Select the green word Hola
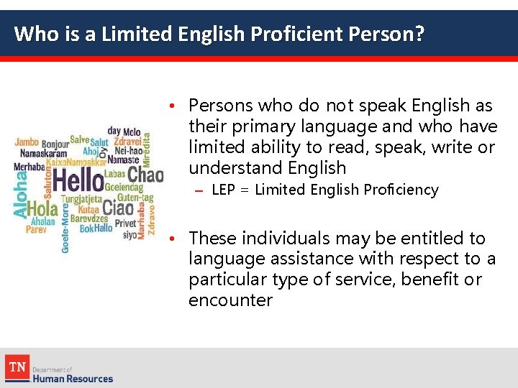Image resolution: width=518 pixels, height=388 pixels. click(43, 209)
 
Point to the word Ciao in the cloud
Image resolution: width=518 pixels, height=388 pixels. click(118, 209)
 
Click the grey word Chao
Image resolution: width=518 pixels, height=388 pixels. click(146, 175)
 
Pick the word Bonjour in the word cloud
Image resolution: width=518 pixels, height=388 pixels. click(55, 144)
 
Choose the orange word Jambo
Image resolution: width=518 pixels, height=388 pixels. click(27, 142)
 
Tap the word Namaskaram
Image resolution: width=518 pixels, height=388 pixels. click(43, 154)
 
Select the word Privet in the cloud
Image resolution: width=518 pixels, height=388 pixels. click(125, 223)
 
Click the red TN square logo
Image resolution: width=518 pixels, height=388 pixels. click(17, 366)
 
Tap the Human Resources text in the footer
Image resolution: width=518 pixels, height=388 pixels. click(73, 378)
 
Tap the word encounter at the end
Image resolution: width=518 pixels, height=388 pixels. click(230, 300)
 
